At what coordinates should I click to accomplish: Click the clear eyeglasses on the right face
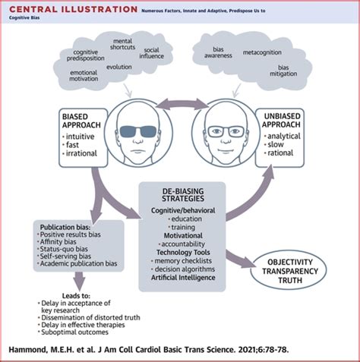tap(226, 131)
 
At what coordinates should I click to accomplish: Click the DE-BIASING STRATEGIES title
tap(180, 194)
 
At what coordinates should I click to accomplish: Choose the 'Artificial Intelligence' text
tap(182, 277)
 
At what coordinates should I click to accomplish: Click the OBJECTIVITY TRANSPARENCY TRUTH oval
tap(298, 269)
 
